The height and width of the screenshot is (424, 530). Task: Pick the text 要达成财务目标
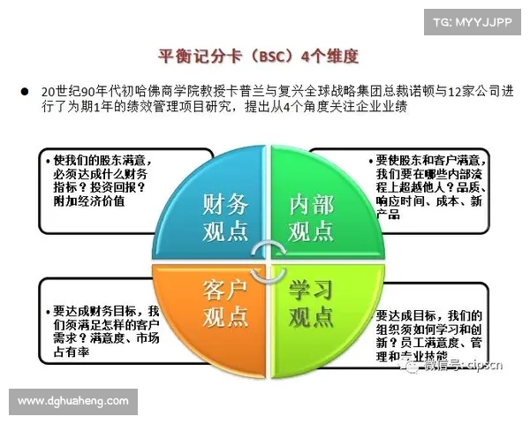[101, 311]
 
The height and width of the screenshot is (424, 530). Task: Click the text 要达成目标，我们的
[428, 315]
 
